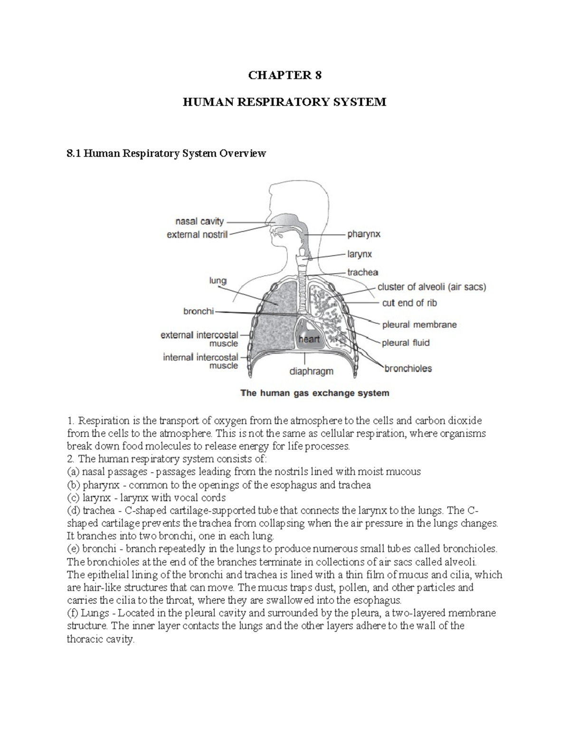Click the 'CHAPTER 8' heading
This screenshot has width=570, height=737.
tap(285, 75)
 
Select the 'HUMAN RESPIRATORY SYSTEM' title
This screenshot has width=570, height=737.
tap(285, 102)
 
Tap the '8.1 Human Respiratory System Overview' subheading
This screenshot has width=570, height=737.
tap(166, 153)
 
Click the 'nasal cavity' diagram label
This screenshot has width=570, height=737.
tap(199, 221)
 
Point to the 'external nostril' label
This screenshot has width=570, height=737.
tap(197, 234)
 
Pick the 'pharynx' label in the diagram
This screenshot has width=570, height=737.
tap(364, 234)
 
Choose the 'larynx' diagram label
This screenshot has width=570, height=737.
tap(360, 254)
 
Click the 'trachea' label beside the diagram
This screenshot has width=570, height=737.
tap(362, 272)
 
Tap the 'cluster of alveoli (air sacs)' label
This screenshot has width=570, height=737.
tap(431, 287)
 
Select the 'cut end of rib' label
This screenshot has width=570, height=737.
tap(409, 303)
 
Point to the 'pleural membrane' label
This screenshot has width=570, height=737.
tap(419, 325)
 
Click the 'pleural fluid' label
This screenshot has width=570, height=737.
tap(406, 343)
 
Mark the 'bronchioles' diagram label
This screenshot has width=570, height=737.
tap(408, 368)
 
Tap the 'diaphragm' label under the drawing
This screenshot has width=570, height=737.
tap(312, 371)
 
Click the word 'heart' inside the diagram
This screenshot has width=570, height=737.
tap(309, 340)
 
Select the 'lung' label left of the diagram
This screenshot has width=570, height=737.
tap(218, 281)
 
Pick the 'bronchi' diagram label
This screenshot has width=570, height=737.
tap(199, 311)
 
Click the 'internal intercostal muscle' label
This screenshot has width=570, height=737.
tap(200, 362)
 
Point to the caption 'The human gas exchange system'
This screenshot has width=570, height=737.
tap(315, 393)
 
